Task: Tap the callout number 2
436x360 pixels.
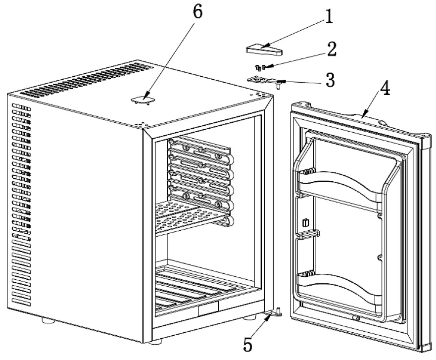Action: [x=331, y=49]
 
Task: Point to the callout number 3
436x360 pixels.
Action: [x=329, y=79]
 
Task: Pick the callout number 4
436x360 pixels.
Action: [x=385, y=89]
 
